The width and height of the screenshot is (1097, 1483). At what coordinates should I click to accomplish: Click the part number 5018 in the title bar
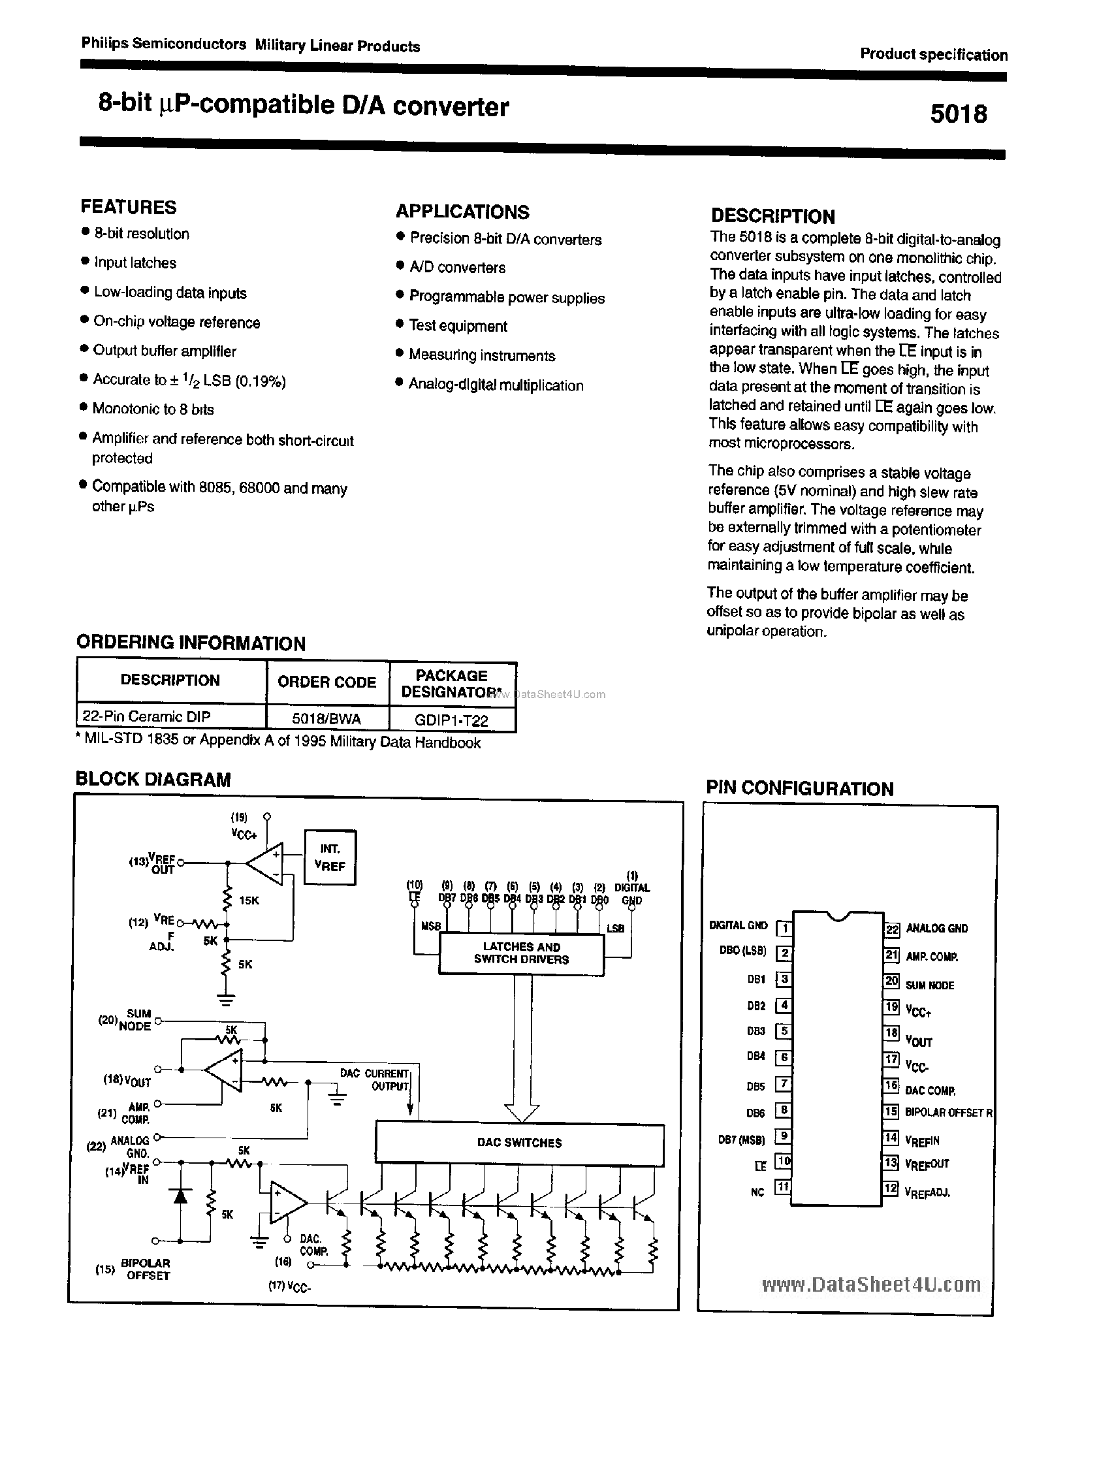958,114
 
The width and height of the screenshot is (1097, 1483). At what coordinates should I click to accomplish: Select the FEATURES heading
129,207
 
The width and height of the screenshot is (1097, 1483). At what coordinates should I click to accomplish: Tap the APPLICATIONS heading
463,212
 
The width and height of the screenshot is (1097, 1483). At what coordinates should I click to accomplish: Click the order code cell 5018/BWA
326,718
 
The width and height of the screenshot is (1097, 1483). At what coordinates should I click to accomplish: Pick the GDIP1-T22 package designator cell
452,720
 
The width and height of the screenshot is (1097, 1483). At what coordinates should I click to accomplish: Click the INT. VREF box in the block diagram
330,857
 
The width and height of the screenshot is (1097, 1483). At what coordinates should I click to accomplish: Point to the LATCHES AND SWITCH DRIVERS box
521,953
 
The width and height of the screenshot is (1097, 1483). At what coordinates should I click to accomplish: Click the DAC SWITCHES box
519,1142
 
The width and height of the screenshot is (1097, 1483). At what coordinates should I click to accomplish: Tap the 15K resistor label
249,901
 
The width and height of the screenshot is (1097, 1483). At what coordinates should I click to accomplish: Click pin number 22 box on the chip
891,929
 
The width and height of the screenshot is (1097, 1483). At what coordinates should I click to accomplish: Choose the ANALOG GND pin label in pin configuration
936,929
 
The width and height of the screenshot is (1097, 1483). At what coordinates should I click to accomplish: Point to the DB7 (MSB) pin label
741,1140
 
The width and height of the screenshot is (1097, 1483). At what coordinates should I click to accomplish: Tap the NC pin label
757,1192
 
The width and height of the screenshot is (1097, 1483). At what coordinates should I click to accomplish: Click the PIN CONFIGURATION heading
799,788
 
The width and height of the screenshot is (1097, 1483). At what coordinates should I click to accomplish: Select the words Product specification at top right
934,54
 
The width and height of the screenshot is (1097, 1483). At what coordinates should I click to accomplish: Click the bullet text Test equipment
458,326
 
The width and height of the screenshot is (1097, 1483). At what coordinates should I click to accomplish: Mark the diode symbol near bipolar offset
180,1196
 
